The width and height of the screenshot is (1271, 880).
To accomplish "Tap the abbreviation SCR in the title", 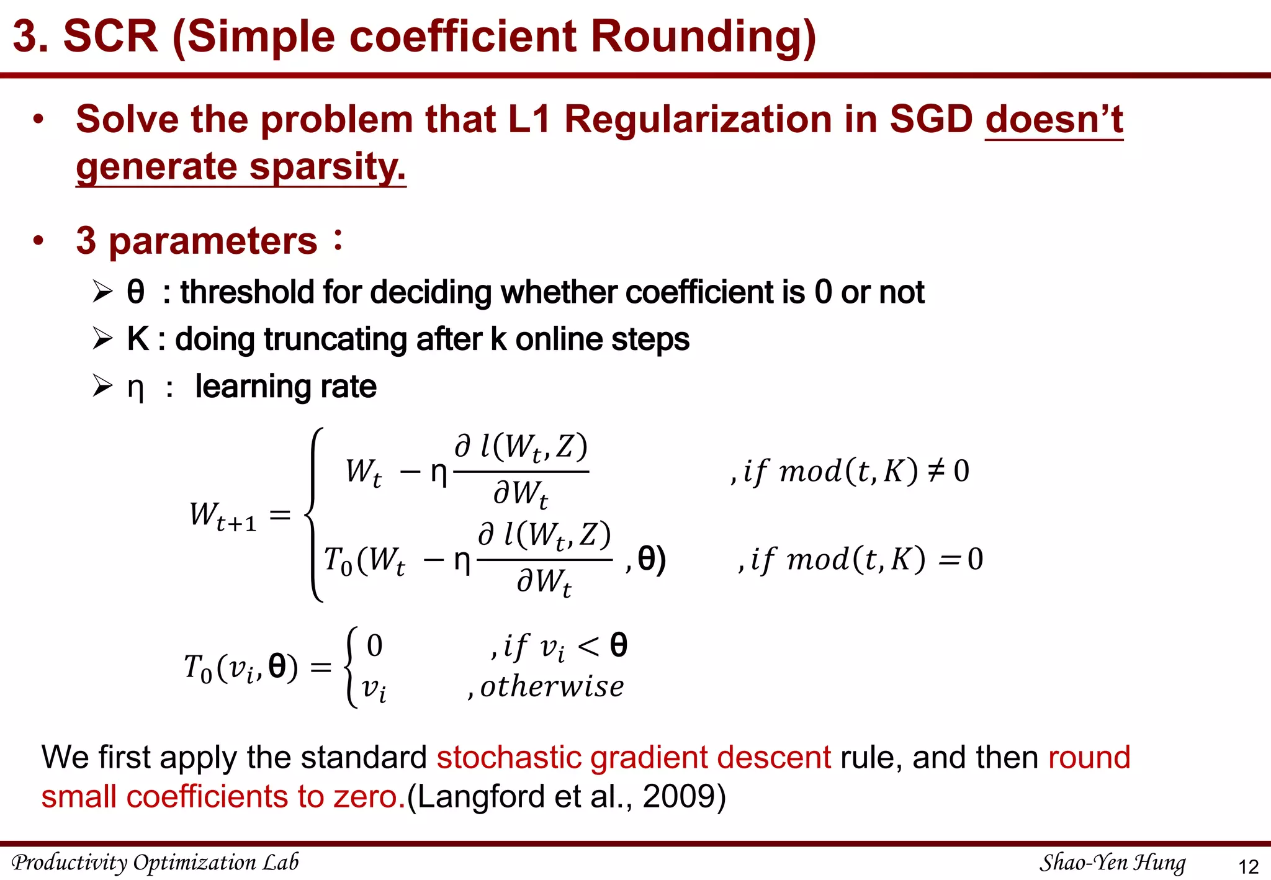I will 110,36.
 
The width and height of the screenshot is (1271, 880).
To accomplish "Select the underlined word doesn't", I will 1054,119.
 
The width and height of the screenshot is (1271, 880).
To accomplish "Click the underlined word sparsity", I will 327,167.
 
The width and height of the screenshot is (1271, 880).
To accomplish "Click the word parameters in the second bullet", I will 213,241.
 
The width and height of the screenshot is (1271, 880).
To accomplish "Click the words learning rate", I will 285,387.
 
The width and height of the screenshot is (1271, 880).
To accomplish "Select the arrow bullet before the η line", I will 103,386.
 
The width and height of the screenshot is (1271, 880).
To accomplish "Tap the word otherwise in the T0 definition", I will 552,686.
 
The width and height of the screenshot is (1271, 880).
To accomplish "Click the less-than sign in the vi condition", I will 588,647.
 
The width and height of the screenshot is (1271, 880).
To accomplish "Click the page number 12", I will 1248,866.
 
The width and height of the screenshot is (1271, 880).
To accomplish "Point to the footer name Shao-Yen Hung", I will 1112,863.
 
